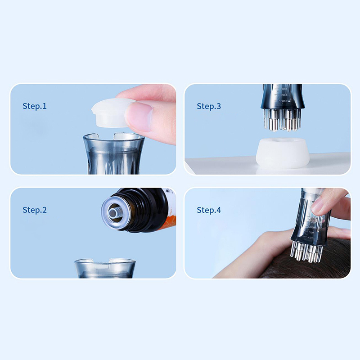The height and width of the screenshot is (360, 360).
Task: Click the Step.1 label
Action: pyautogui.click(x=35, y=106)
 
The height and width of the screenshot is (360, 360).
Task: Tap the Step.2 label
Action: pyautogui.click(x=35, y=210)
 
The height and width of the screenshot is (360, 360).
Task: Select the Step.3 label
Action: pyautogui.click(x=209, y=106)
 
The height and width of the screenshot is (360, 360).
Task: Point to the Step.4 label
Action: pyautogui.click(x=209, y=210)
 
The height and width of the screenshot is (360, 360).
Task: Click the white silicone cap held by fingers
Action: pyautogui.click(x=110, y=113)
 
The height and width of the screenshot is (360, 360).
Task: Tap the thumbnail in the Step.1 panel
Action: pyautogui.click(x=139, y=117)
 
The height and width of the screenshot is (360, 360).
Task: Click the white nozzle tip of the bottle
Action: pyautogui.click(x=112, y=213)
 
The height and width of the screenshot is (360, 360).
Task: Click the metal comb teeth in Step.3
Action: pyautogui.click(x=282, y=119)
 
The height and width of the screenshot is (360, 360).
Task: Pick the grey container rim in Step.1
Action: pyautogui.click(x=114, y=137)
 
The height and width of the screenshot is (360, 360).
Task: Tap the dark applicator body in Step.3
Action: pyautogui.click(x=283, y=97)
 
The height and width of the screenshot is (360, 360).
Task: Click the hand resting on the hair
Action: pyautogui.click(x=271, y=250)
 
